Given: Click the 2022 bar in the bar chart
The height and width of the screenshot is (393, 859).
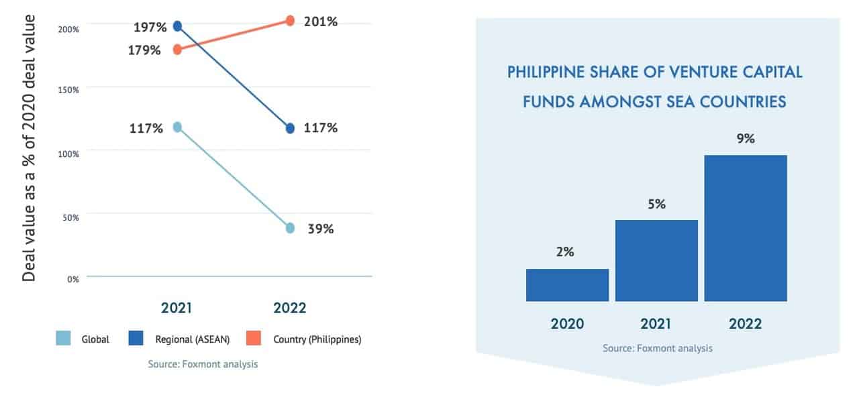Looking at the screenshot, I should tap(745, 228).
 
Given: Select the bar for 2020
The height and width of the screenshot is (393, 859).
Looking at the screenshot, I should tap(567, 285).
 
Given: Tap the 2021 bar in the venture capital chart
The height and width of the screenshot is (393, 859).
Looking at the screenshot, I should tap(656, 260).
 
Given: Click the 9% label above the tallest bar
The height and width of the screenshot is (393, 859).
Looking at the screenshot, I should tap(746, 139).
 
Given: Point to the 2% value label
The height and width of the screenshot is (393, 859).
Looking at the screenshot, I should tap(564, 253).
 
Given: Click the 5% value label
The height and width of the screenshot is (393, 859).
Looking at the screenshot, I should tap(656, 205).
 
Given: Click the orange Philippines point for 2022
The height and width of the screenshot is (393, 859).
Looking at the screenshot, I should tap(290, 21).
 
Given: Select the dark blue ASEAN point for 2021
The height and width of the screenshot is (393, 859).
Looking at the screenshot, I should tap(177, 26).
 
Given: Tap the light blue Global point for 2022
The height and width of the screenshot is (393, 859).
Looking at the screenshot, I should tap(290, 228).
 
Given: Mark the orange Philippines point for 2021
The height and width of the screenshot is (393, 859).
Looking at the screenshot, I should tap(177, 50).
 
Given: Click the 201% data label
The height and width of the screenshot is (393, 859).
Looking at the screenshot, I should tap(320, 21).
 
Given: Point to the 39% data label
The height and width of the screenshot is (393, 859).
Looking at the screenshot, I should tap(320, 229).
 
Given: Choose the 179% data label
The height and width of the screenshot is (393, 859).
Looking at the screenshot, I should tap(144, 50).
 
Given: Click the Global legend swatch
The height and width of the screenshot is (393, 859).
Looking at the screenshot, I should tap(64, 339).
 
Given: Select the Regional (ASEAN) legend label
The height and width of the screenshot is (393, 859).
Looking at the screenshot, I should tap(192, 339).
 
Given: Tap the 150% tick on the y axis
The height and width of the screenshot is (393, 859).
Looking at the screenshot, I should tap(70, 89).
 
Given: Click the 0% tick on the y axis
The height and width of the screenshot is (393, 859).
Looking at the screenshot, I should tap(72, 278).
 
